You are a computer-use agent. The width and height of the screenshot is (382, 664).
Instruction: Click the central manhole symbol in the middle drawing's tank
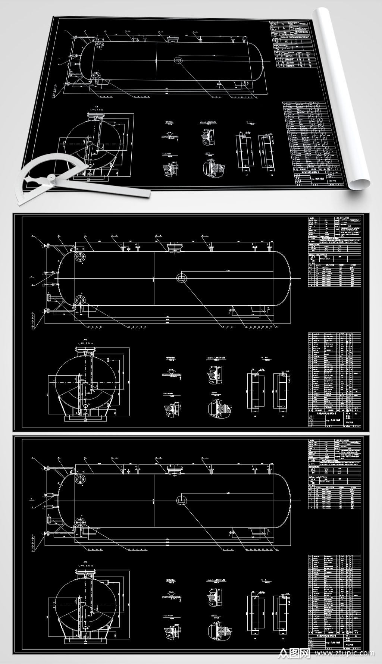pos(181,277)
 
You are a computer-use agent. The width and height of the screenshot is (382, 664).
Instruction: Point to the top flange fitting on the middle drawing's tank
pos(174,248)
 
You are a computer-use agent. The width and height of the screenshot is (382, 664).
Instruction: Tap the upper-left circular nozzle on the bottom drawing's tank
pos(80,479)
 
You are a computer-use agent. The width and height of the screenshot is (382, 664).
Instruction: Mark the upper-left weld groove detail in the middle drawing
pos(170,373)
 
